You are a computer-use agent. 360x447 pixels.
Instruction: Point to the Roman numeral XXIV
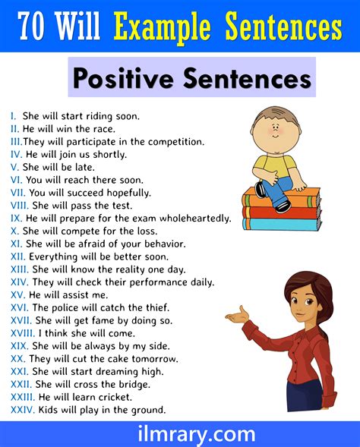point(21,411)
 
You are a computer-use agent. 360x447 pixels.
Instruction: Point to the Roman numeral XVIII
point(23,333)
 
